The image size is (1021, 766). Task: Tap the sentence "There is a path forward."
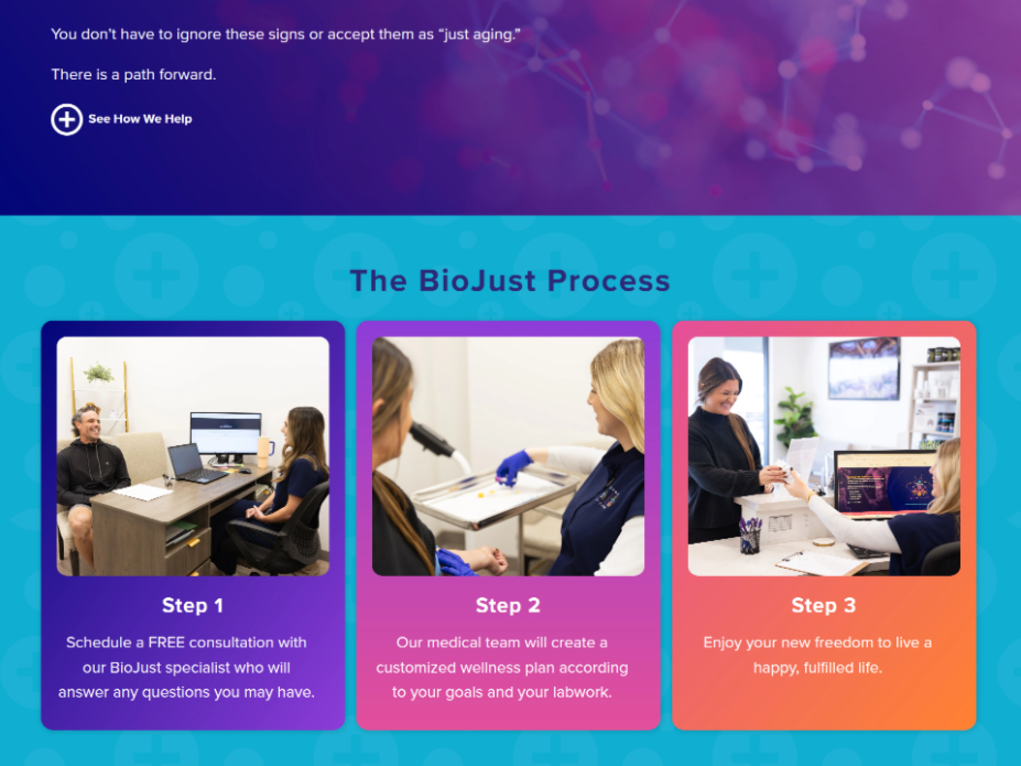pos(133,74)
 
